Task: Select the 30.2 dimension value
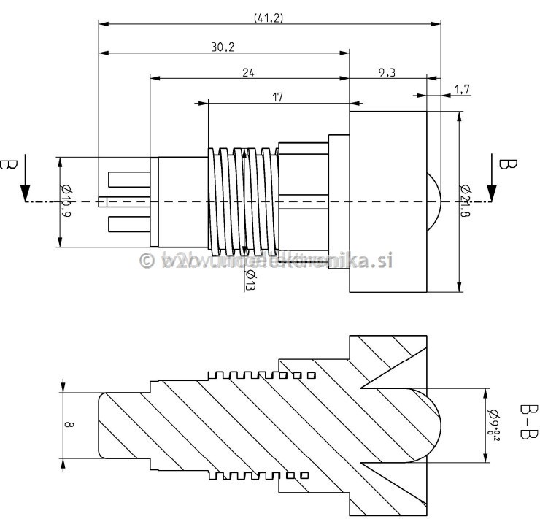223,47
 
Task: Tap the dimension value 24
249,72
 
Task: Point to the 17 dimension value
278,96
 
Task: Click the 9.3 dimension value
387,72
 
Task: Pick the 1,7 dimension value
461,89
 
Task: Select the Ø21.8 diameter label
465,201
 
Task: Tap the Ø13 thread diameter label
250,279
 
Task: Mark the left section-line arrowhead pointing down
25,193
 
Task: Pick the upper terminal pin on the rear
128,178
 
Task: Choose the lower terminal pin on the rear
128,223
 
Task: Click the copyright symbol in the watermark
147,261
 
